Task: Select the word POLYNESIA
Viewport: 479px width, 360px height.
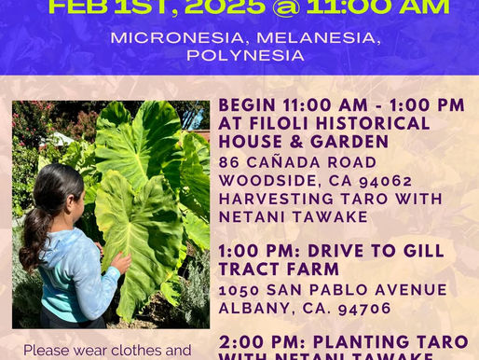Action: pos(239,55)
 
